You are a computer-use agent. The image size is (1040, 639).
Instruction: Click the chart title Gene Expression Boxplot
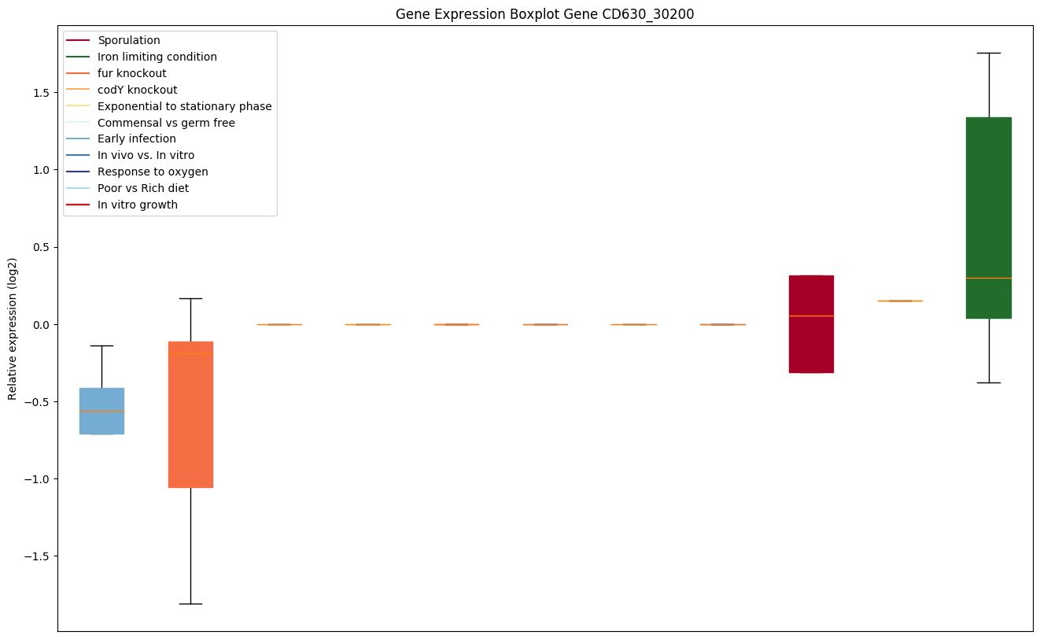pyautogui.click(x=544, y=14)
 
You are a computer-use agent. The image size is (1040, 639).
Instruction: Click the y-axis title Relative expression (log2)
pyautogui.click(x=13, y=328)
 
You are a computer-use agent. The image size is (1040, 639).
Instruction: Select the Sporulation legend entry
pyautogui.click(x=128, y=40)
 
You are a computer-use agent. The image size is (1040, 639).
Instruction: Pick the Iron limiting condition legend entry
pyautogui.click(x=157, y=57)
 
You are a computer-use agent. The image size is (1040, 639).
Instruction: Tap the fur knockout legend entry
pyautogui.click(x=131, y=73)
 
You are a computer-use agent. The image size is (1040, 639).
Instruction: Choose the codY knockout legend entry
pyautogui.click(x=137, y=90)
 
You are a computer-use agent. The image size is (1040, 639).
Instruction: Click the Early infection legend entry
pyautogui.click(x=136, y=139)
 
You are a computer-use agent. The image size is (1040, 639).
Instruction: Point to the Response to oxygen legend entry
pyautogui.click(x=153, y=172)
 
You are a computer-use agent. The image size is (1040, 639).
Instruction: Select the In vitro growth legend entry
pyautogui.click(x=138, y=205)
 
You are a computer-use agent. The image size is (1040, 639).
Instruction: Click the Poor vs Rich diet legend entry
pyautogui.click(x=142, y=188)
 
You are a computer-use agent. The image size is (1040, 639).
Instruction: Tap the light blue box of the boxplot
pyautogui.click(x=101, y=411)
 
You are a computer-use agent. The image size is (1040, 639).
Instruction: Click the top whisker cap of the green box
pyautogui.click(x=988, y=53)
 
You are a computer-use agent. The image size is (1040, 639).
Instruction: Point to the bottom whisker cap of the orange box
pyautogui.click(x=190, y=604)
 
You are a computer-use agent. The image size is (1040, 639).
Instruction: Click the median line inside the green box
pyautogui.click(x=988, y=278)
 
